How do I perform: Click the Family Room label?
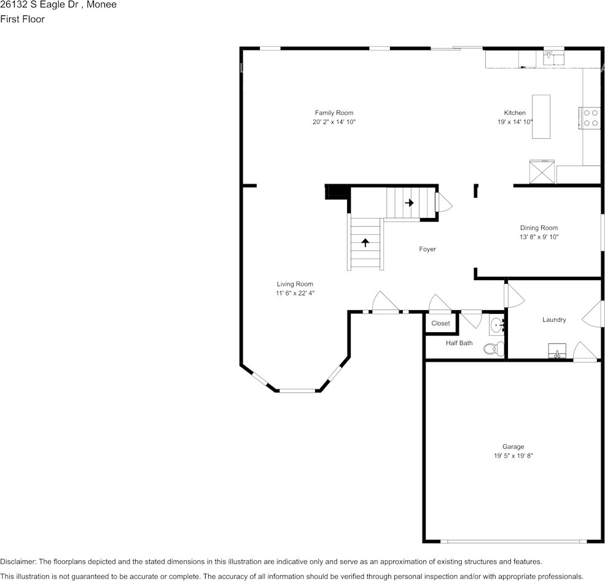[x=334, y=113]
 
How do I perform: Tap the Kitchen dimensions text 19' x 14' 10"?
[x=515, y=122]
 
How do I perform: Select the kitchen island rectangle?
[x=541, y=116]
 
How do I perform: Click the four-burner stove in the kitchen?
[x=590, y=117]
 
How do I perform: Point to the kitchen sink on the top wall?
[x=553, y=58]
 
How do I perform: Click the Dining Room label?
[x=539, y=228]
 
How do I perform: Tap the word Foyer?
[x=427, y=249]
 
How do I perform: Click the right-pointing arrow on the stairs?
[x=409, y=203]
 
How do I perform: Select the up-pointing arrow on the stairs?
[x=365, y=243]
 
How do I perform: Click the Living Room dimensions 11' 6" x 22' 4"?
[x=295, y=294]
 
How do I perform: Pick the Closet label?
[x=440, y=323]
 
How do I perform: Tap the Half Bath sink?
[x=496, y=325]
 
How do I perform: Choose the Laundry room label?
[x=554, y=320]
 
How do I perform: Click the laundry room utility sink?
[x=558, y=351]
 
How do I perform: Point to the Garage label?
[x=513, y=447]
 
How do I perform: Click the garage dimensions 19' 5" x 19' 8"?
[x=513, y=456]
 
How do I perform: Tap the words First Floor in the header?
[x=22, y=19]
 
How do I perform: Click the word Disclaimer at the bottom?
[x=18, y=562]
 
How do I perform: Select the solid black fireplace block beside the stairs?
[x=336, y=192]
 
